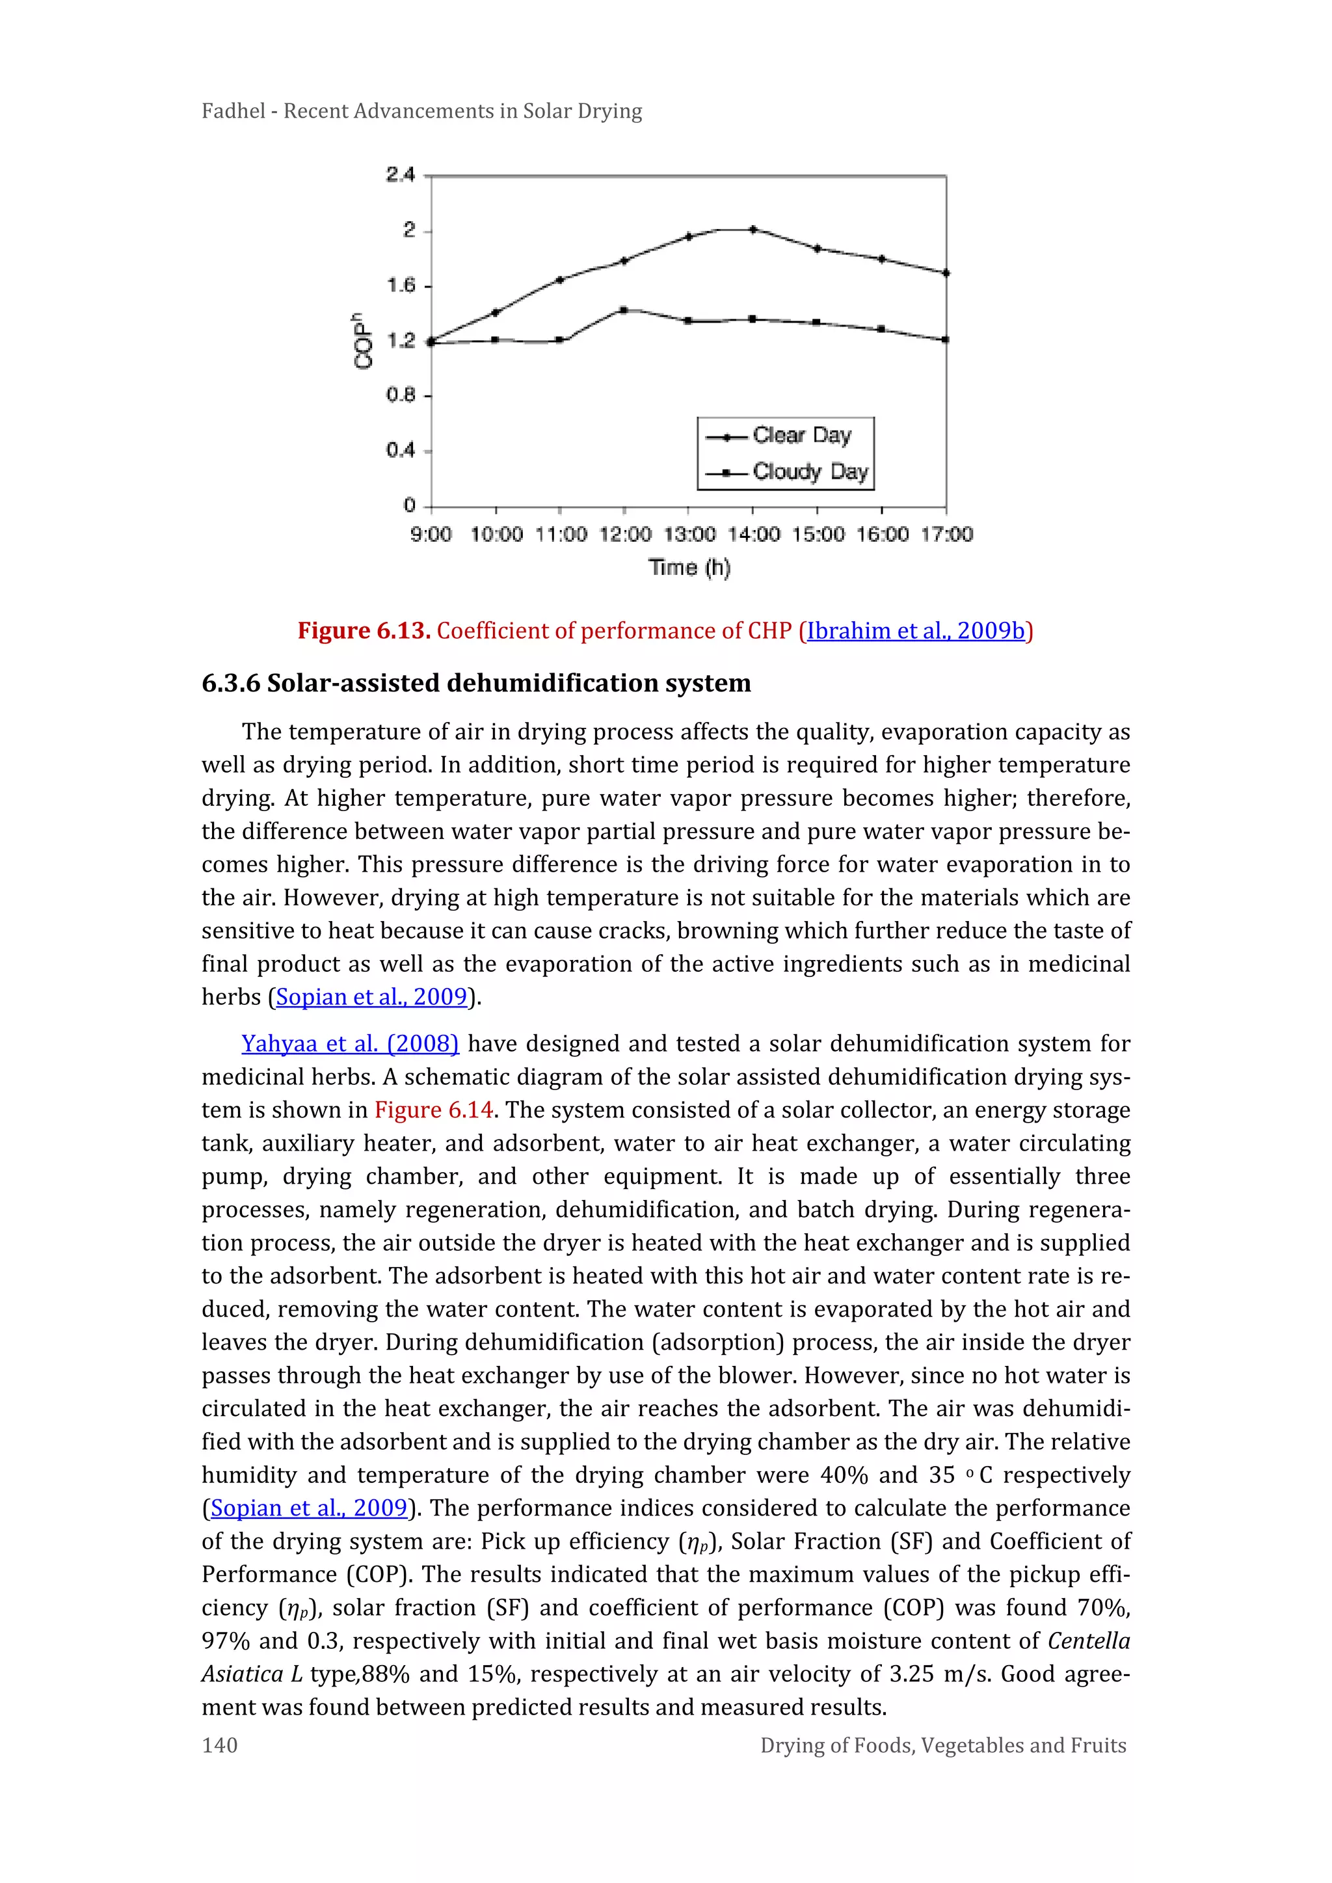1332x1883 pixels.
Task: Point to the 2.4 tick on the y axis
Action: (401, 175)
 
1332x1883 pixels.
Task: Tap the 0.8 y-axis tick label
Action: (401, 395)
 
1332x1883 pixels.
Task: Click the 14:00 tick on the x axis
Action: (754, 535)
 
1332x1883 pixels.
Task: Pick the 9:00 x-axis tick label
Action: (431, 535)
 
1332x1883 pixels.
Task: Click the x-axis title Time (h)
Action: (689, 568)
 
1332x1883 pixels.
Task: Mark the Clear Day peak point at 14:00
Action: (753, 230)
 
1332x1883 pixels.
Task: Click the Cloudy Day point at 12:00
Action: (624, 310)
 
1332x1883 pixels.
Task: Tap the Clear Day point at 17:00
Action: (946, 273)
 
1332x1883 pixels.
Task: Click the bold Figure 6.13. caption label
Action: (364, 631)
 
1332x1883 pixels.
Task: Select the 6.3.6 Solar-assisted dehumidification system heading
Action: (475, 682)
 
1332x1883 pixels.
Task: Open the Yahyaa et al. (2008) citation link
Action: (349, 1043)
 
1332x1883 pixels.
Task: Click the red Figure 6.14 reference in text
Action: (433, 1110)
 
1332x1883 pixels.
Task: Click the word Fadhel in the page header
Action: (233, 111)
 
